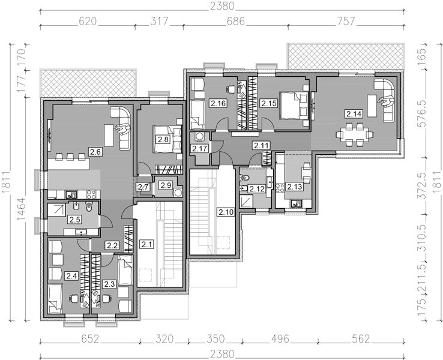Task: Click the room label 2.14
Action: point(354,114)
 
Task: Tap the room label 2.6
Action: point(95,152)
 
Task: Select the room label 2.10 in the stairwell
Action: point(226,212)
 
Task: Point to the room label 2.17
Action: point(200,148)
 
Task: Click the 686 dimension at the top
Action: point(235,21)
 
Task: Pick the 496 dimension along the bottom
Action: point(280,338)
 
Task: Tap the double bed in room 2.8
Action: point(167,139)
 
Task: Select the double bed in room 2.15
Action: point(294,106)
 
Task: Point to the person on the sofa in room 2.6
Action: point(123,130)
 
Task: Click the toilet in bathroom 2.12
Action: point(244,178)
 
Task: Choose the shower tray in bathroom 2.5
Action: point(57,209)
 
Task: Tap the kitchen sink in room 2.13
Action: point(296,203)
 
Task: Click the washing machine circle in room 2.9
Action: point(178,193)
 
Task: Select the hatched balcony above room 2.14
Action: point(346,56)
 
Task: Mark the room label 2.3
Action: point(109,284)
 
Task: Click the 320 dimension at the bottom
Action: point(164,338)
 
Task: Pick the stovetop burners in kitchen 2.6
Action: point(91,194)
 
